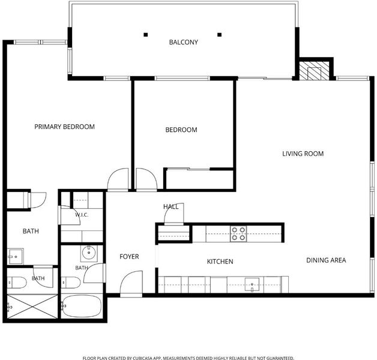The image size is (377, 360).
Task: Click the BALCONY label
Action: tap(184, 42)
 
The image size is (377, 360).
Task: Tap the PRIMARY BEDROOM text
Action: tap(64, 127)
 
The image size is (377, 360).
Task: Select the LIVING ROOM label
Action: tap(303, 154)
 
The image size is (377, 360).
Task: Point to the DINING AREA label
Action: tap(326, 260)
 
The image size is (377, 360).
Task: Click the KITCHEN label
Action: tap(220, 262)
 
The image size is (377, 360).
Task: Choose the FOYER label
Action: tap(129, 257)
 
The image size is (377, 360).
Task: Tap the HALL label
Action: tap(170, 206)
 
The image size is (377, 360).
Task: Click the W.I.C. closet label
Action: tap(82, 215)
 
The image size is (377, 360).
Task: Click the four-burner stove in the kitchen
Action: tap(238, 234)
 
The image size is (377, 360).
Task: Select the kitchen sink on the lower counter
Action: tap(252, 285)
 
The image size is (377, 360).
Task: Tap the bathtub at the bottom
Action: tap(82, 306)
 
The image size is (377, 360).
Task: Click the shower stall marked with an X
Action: tap(32, 307)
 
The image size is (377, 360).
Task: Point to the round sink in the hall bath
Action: tap(89, 253)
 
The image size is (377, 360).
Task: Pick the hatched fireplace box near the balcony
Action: tap(315, 70)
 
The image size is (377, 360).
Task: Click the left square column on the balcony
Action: tap(145, 35)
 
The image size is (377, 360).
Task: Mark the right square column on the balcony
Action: tap(219, 35)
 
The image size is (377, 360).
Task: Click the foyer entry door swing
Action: tap(131, 283)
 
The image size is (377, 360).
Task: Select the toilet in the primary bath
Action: tap(17, 283)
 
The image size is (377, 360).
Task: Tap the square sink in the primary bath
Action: tap(16, 256)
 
